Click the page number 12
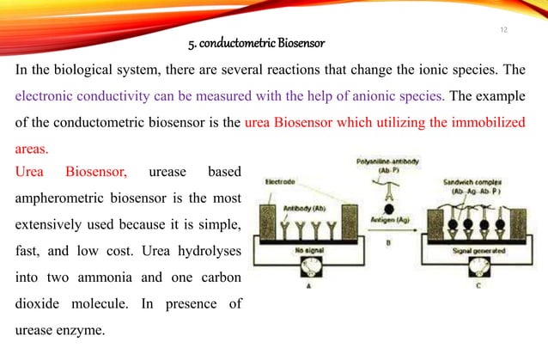504,30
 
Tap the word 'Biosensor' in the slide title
301,41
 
